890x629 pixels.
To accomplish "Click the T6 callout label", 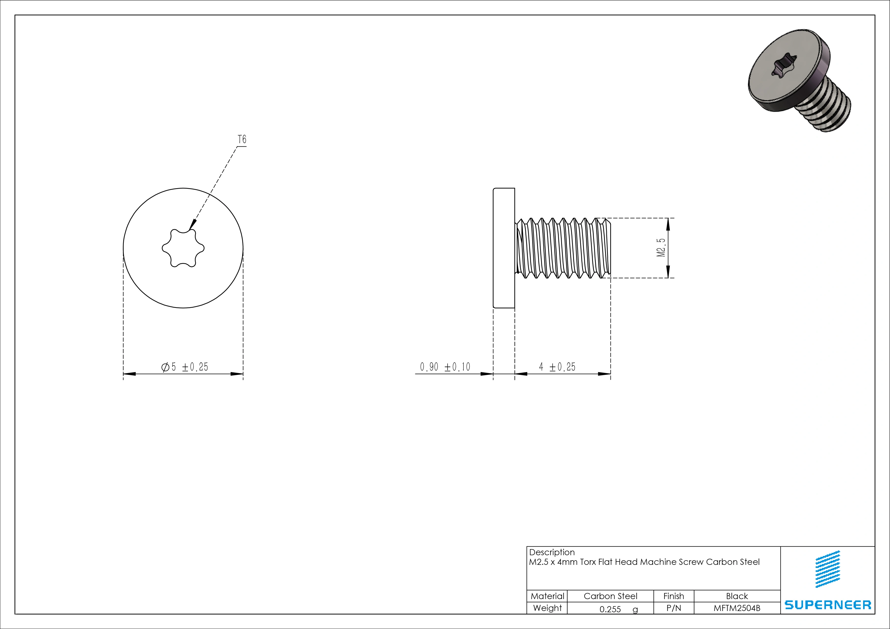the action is (242, 139).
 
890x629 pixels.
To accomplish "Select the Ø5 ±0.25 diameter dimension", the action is (184, 367).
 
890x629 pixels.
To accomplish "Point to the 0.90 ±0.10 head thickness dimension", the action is (445, 367).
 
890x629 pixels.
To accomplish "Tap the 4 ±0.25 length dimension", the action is (557, 367).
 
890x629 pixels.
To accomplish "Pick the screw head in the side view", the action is (504, 248).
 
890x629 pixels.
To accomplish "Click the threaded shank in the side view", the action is (563, 248).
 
